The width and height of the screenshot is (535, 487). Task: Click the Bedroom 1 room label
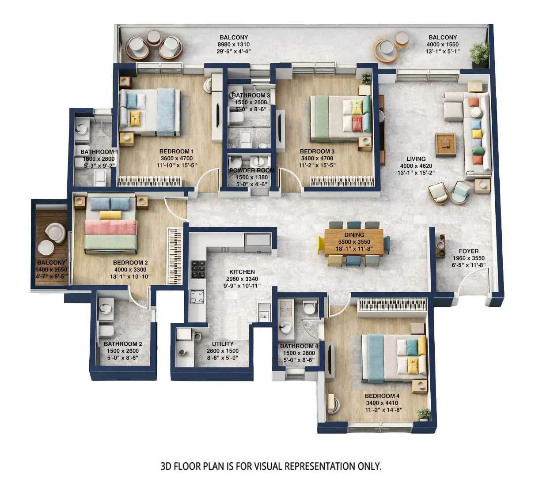pyautogui.click(x=176, y=151)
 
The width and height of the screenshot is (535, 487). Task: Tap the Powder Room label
pyautogui.click(x=251, y=170)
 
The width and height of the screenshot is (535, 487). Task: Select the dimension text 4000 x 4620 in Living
pyautogui.click(x=416, y=166)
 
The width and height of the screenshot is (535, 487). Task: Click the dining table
pyautogui.click(x=353, y=242)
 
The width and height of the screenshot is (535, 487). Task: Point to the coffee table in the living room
pyautogui.click(x=445, y=145)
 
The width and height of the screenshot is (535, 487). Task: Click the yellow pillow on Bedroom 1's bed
pyautogui.click(x=135, y=118)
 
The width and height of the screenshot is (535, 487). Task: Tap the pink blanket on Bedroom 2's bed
pyautogui.click(x=110, y=227)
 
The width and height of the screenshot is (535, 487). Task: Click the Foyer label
pyautogui.click(x=468, y=251)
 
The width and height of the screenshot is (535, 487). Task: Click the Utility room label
pyautogui.click(x=223, y=344)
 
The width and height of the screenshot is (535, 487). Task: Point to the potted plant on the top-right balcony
pyautogui.click(x=479, y=54)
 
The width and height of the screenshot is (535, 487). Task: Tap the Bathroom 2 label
pyautogui.click(x=123, y=344)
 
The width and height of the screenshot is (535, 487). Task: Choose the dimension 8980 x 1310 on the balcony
pyautogui.click(x=233, y=45)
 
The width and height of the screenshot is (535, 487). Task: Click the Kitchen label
pyautogui.click(x=242, y=272)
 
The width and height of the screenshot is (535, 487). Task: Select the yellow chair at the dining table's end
pyautogui.click(x=321, y=245)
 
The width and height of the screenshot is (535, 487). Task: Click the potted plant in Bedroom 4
pyautogui.click(x=424, y=414)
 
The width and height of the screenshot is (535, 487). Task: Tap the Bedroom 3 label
pyautogui.click(x=317, y=151)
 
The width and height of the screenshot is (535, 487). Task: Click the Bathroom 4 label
pyautogui.click(x=299, y=346)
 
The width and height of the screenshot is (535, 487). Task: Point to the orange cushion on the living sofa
pyautogui.click(x=474, y=102)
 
